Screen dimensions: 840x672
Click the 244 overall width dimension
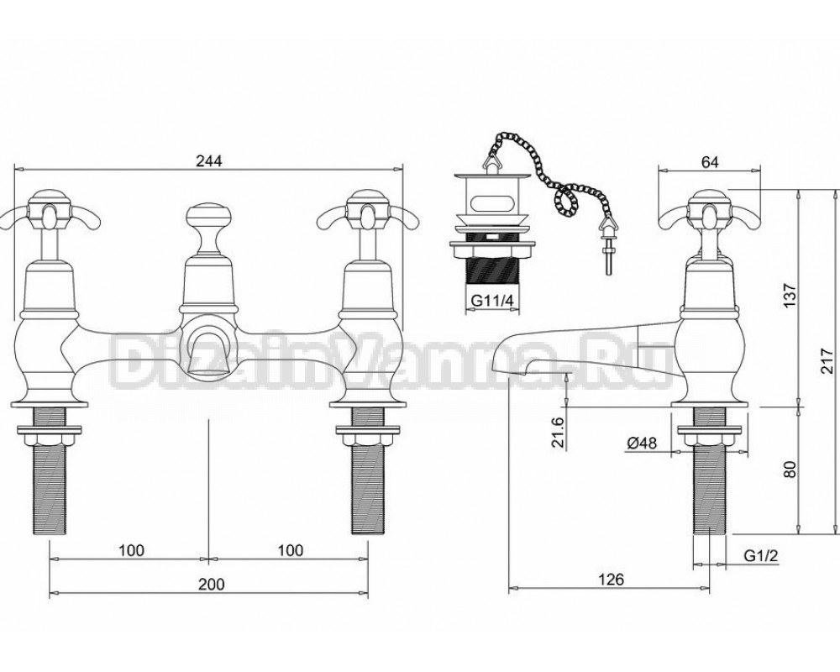pyautogui.click(x=208, y=160)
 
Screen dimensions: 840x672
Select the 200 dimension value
pyautogui.click(x=212, y=584)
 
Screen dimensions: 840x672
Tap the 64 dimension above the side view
pyautogui.click(x=709, y=161)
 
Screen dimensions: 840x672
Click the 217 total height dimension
pyautogui.click(x=828, y=361)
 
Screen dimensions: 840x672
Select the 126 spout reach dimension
pyautogui.click(x=612, y=579)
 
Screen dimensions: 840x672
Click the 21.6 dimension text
pyautogui.click(x=559, y=432)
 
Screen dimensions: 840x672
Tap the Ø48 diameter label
pyautogui.click(x=641, y=443)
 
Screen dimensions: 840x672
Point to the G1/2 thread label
pyautogui.click(x=761, y=556)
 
